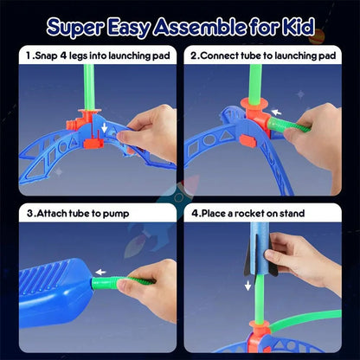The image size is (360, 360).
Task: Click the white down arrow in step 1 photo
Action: click(x=105, y=127)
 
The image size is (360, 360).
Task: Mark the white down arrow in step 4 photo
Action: click(x=248, y=284)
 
